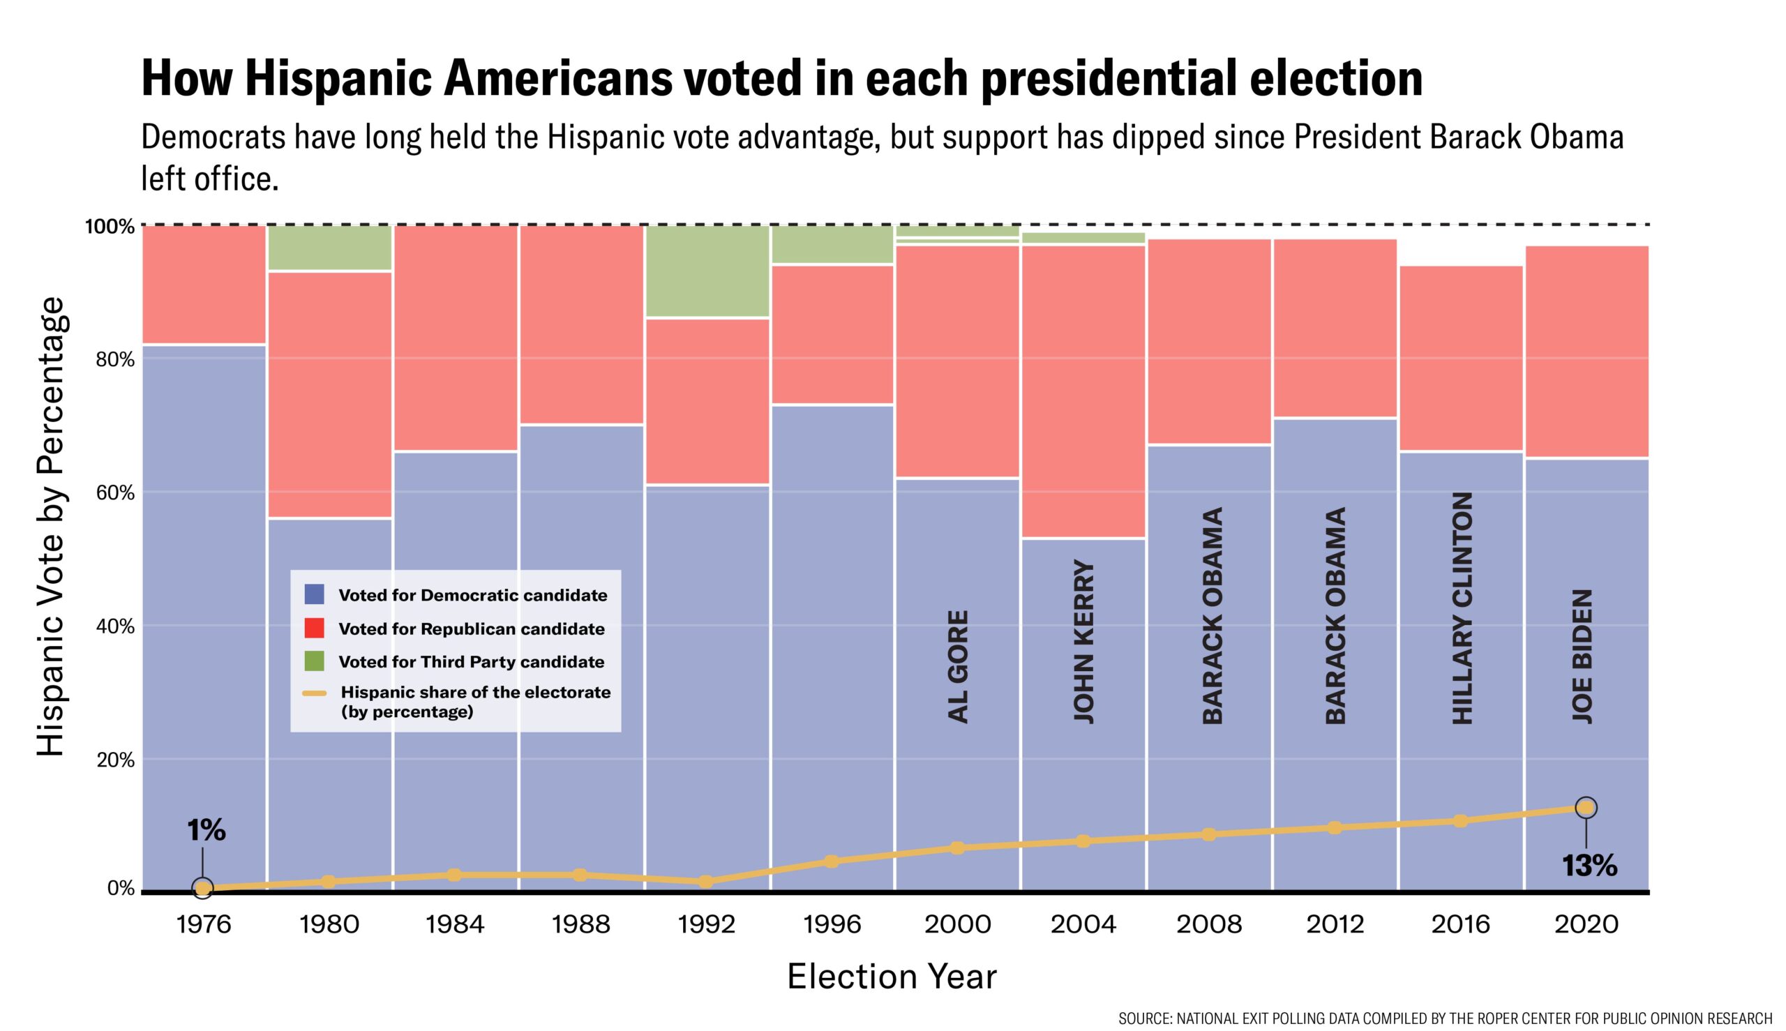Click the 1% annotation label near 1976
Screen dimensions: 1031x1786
click(x=206, y=831)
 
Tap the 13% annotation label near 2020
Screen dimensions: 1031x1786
click(x=1589, y=865)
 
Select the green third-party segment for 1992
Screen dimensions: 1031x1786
click(x=707, y=271)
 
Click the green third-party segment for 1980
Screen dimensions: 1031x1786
click(x=329, y=248)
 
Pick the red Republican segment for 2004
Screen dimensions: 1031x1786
click(x=1083, y=391)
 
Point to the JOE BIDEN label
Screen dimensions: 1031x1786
click(x=1583, y=656)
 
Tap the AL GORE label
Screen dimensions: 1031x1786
click(x=957, y=665)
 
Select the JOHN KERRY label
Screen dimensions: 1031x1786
click(x=1083, y=641)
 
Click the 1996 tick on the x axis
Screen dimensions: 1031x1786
click(x=832, y=924)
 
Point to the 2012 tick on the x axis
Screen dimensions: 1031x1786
click(x=1335, y=924)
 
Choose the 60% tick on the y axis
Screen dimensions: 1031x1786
click(x=114, y=493)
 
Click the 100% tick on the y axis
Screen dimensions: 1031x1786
click(x=110, y=227)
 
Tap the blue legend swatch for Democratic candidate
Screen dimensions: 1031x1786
click(x=314, y=594)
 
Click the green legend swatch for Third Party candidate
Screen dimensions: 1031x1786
click(x=314, y=661)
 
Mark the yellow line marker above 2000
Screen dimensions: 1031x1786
click(x=956, y=848)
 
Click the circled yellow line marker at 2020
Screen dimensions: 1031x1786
click(x=1586, y=808)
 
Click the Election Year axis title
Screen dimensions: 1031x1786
click(x=892, y=977)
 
